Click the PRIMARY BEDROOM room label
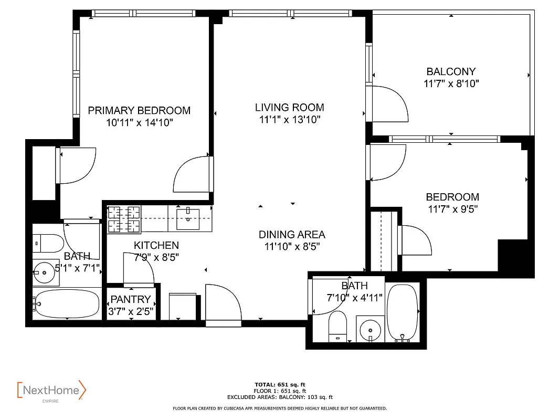coord(139,111)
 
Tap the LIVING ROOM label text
coord(289,108)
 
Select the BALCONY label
coord(451,72)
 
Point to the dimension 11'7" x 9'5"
coord(452,209)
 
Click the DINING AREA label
coord(292,235)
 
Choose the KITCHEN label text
coord(156,245)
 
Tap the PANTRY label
coord(130,300)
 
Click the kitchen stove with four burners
coord(124,219)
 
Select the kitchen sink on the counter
coord(187,219)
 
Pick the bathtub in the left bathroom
coord(66,303)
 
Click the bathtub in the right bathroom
coord(402,313)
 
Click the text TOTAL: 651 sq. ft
coord(280,384)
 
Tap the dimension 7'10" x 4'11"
coord(355,298)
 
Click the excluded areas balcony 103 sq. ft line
coord(280,397)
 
